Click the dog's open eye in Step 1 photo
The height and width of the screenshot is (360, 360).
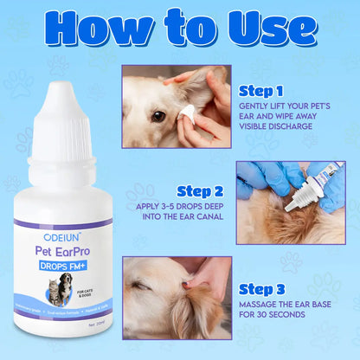[158, 115]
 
